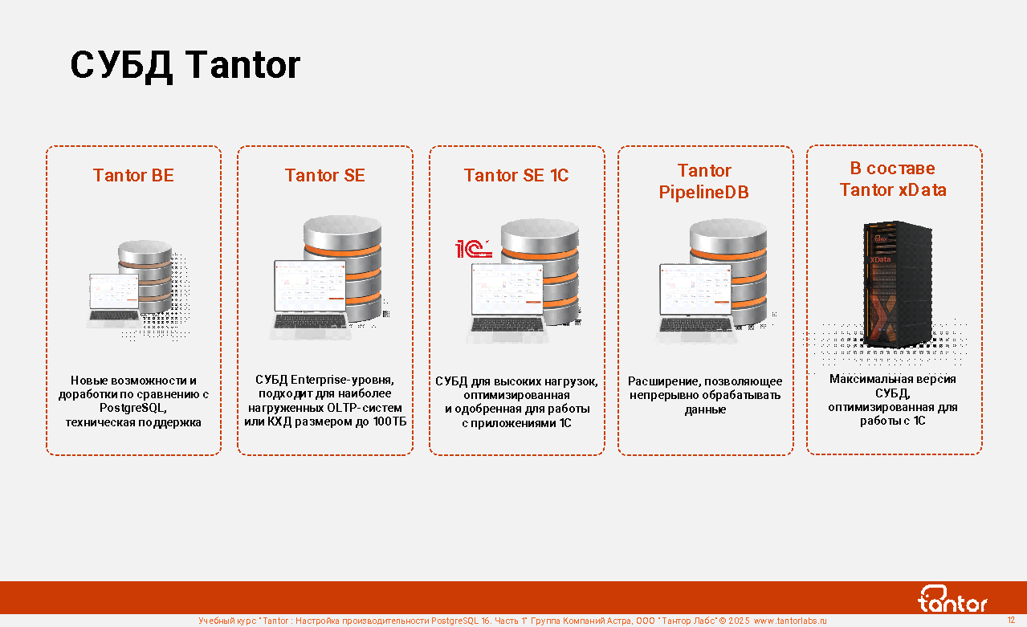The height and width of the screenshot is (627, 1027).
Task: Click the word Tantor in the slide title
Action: click(242, 65)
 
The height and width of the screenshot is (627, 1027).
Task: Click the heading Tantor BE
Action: click(133, 175)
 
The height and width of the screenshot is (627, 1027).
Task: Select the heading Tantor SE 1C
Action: click(516, 175)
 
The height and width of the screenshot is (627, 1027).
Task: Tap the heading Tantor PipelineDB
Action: click(704, 181)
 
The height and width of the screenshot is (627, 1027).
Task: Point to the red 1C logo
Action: click(474, 249)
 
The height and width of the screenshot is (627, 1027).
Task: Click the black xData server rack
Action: click(897, 284)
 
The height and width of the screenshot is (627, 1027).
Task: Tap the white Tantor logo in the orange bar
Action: click(952, 599)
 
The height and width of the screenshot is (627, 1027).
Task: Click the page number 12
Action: click(1011, 620)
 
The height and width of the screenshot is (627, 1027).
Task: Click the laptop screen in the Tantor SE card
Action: click(311, 286)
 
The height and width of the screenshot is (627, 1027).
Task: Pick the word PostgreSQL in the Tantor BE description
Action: click(132, 408)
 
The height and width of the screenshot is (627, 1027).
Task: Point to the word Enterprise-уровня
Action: click(342, 380)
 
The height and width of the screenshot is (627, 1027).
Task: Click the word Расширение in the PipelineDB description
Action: click(663, 381)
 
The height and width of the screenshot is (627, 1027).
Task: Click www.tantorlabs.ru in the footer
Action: click(790, 621)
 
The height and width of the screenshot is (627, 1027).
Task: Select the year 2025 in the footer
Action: click(739, 621)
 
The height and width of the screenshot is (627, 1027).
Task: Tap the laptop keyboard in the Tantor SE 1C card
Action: click(507, 324)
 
